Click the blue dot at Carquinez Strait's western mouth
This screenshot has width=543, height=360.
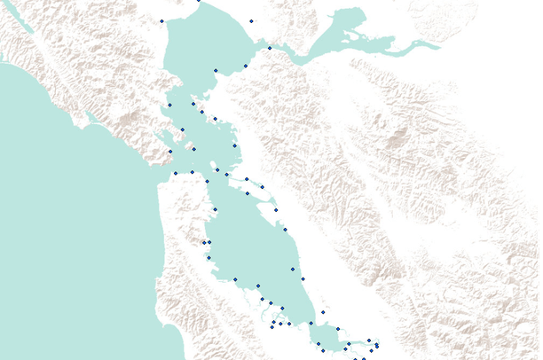270,47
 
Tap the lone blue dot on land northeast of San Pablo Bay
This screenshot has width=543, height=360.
251,20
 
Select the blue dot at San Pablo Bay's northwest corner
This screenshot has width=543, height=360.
161,20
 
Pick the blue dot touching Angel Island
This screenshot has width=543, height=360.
193,149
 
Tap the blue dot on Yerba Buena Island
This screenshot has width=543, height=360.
217,170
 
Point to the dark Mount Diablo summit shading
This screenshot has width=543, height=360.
398,137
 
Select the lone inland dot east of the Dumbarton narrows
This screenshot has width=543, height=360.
323,312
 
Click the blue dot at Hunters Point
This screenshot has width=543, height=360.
215,209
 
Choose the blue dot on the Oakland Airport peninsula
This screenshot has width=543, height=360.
276,210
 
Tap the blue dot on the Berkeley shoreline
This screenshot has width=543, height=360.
234,145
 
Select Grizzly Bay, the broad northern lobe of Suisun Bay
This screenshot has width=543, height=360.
350,22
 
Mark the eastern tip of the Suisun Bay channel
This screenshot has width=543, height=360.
435,43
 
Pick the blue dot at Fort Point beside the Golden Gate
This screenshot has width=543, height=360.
176,172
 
